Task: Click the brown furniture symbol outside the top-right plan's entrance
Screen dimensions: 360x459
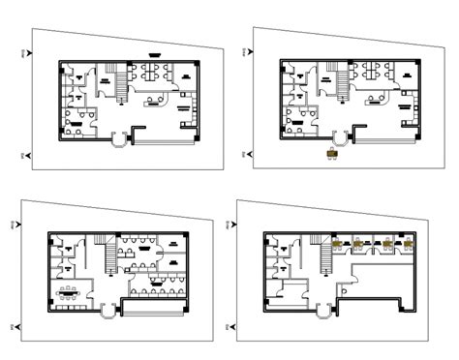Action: (332, 152)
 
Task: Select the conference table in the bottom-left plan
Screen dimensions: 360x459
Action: (69, 292)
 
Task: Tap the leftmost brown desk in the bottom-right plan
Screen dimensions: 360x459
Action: (340, 242)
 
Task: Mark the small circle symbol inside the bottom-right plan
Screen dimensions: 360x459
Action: (342, 287)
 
